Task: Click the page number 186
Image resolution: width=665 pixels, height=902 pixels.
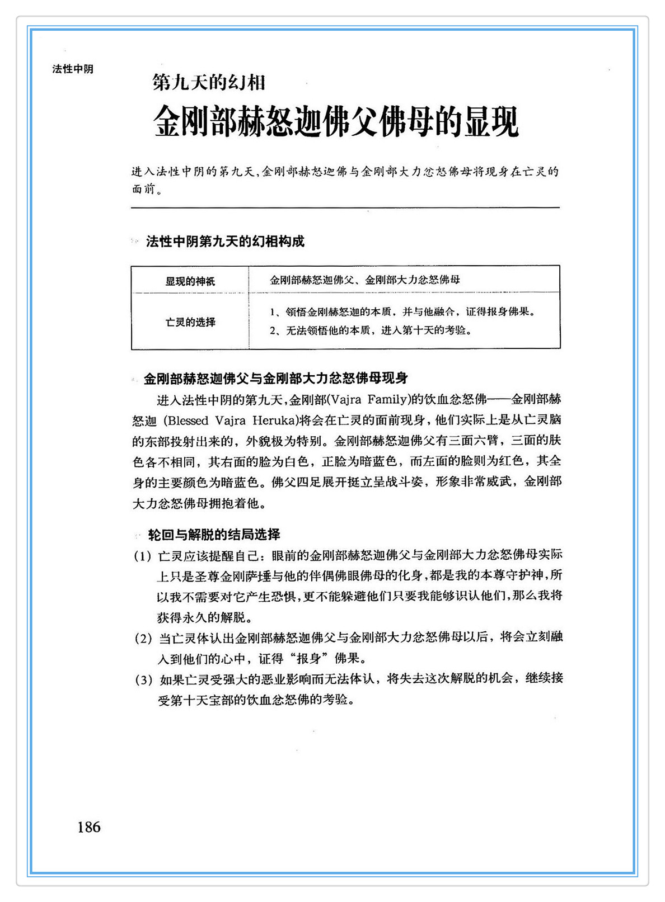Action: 89,827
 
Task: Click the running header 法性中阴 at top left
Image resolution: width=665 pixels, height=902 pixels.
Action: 73,69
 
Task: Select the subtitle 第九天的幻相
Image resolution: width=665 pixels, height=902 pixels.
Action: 208,83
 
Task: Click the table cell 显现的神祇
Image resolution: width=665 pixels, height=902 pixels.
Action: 190,281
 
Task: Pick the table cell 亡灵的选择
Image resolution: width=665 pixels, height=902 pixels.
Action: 190,322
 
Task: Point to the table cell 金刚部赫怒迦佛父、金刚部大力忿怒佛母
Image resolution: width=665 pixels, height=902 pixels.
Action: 364,280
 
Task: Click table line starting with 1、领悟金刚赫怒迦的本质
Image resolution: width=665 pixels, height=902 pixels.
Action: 402,312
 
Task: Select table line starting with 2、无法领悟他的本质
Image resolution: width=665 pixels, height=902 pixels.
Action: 371,330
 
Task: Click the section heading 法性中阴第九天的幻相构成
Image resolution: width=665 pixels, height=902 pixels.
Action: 225,242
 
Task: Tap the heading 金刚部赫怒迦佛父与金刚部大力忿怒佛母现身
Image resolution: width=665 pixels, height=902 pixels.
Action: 275,379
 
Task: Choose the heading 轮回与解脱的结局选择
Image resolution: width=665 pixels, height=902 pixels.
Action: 214,535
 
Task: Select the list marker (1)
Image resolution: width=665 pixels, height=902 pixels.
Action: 143,556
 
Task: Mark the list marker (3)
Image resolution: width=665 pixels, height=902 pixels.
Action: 144,680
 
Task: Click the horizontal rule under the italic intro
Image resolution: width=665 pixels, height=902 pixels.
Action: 345,208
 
